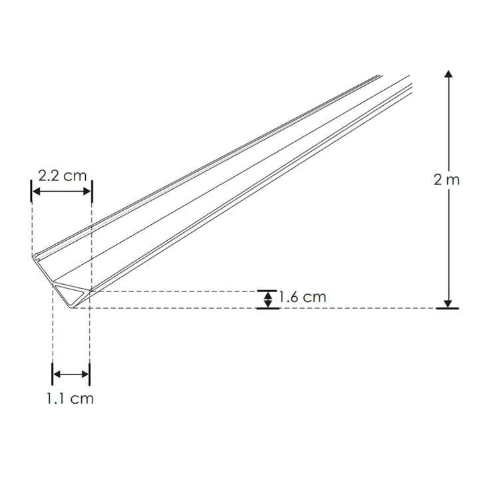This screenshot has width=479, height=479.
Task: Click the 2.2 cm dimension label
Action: (63, 176)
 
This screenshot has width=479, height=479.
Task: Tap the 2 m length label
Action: (446, 180)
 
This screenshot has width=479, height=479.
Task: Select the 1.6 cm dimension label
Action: (303, 297)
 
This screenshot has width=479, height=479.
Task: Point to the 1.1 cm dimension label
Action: (70, 399)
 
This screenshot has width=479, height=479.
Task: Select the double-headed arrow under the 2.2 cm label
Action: (62, 192)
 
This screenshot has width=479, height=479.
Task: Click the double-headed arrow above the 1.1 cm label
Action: (71, 375)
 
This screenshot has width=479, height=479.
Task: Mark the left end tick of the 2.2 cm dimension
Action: (31, 192)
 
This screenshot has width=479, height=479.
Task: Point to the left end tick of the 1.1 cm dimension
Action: (53, 375)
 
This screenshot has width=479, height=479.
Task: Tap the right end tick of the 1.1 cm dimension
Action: (90, 375)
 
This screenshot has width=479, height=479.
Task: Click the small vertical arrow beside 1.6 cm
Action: (268, 299)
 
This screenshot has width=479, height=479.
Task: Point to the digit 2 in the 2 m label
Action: (437, 180)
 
